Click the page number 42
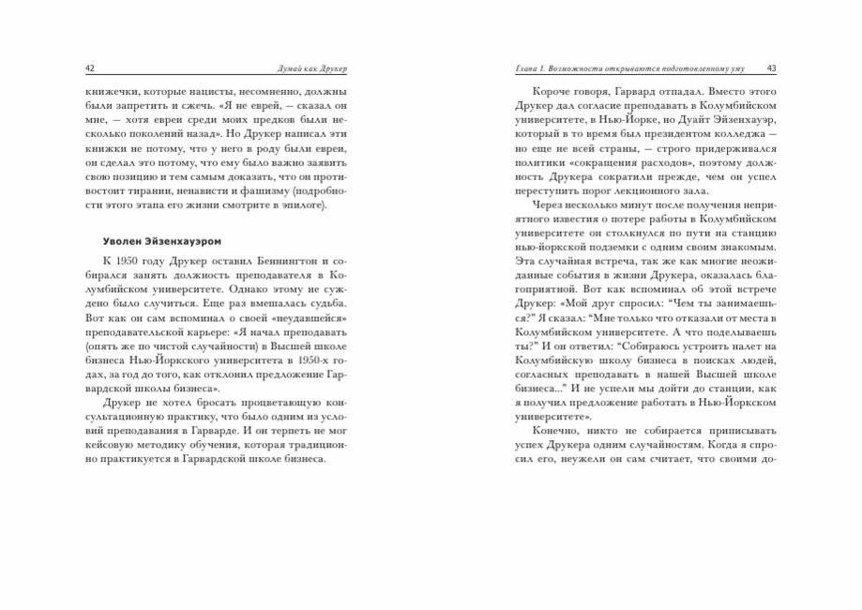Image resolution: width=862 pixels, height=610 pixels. coord(89,69)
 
